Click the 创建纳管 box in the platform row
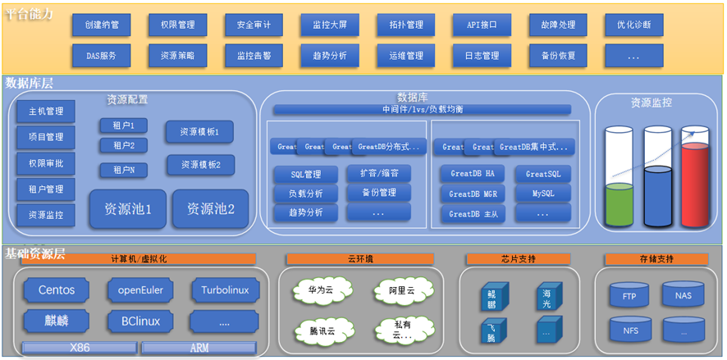coord(102,25)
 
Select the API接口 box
coord(482,25)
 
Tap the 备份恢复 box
coord(558,56)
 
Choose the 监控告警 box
coord(254,56)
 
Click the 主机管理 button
coord(46,111)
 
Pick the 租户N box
coord(124,170)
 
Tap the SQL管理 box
coord(305,174)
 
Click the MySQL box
coord(542,194)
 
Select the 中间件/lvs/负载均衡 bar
coord(422,109)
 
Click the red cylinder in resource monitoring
coord(695,185)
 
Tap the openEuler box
coord(140,290)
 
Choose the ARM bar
coord(199,348)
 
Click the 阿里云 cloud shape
coord(402,290)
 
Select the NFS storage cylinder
coord(630,330)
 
